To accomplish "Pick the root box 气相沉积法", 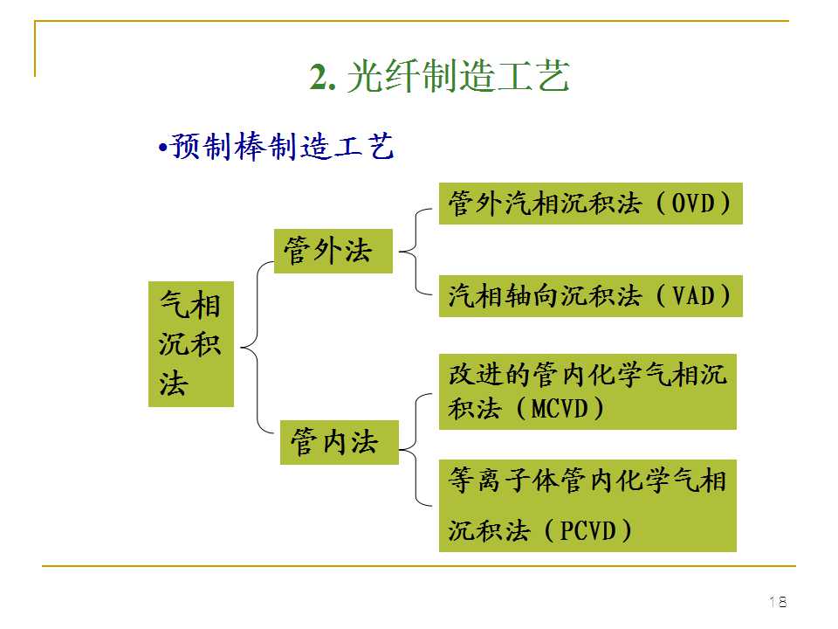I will (191, 344).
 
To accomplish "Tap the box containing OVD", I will (590, 204).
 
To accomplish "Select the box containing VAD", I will (590, 295).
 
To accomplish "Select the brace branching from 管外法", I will (416, 252).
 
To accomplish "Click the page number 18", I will (777, 601).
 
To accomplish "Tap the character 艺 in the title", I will (553, 78).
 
